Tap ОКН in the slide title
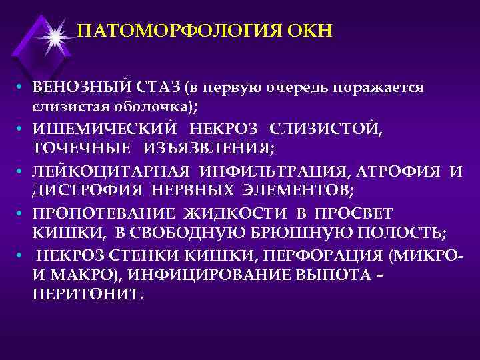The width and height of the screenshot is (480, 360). click(311, 31)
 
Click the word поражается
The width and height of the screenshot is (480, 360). click(380, 88)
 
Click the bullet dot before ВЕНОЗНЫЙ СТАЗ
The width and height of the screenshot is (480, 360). click(22, 88)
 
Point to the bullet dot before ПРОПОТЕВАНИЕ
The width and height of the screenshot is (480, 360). click(22, 215)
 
